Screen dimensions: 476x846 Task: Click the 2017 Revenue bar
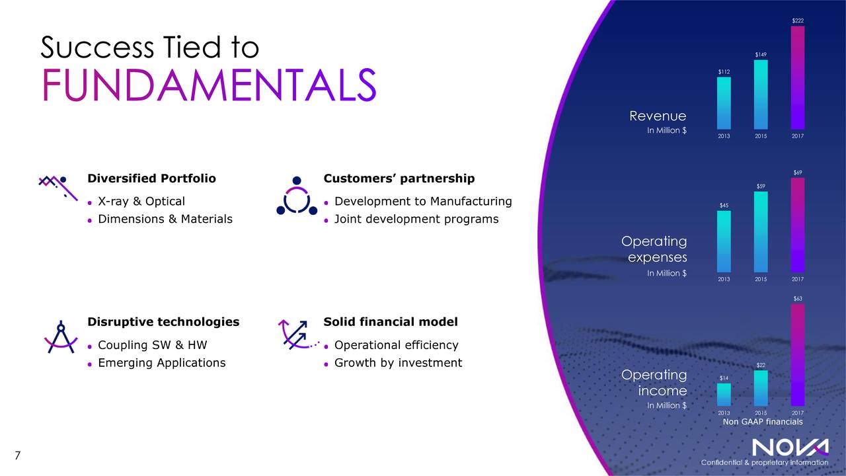point(798,77)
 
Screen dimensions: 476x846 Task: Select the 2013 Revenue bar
point(724,103)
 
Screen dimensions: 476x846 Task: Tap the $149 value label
point(761,54)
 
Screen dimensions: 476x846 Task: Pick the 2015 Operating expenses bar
point(761,232)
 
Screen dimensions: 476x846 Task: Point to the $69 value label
point(798,173)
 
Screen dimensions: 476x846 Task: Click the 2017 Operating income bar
point(798,354)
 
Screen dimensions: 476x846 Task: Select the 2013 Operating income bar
point(724,394)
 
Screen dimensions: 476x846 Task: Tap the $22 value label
point(761,364)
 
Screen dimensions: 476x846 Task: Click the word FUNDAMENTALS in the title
point(208,85)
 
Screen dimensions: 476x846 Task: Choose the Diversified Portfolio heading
point(151,178)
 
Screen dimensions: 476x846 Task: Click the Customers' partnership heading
point(399,178)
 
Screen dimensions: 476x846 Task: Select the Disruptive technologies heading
point(163,322)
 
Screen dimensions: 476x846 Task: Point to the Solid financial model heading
point(390,322)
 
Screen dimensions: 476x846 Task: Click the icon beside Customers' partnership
point(297,196)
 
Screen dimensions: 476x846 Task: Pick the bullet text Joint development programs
point(416,219)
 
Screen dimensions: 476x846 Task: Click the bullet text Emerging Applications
point(161,362)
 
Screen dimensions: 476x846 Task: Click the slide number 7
point(18,456)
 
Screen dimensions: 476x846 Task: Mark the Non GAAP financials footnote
point(763,422)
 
